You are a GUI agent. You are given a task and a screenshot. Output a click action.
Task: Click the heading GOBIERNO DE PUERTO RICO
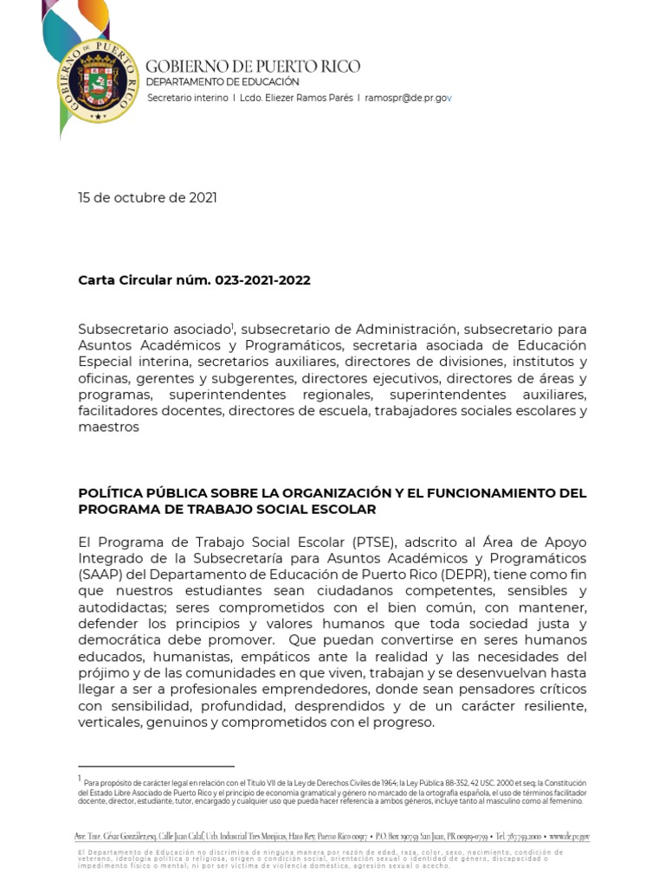click(253, 67)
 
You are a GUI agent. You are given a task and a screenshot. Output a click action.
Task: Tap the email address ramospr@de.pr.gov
click(408, 98)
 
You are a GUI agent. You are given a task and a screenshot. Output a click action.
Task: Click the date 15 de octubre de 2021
click(147, 197)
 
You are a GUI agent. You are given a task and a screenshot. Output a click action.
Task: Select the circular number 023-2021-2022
click(259, 280)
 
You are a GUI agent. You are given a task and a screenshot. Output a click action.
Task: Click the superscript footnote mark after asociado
click(234, 325)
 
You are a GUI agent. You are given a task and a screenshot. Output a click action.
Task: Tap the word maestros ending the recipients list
click(108, 427)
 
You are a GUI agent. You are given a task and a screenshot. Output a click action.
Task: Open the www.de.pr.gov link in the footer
click(569, 837)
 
